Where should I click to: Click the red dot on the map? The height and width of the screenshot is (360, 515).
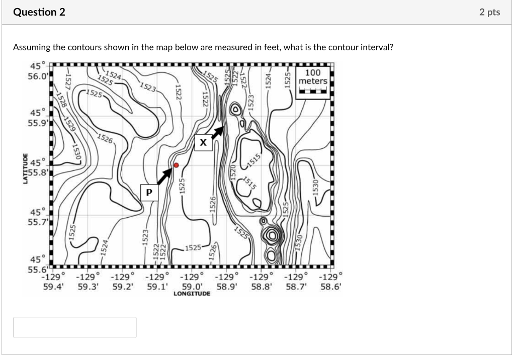click(176, 165)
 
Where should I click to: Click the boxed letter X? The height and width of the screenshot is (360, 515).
click(203, 143)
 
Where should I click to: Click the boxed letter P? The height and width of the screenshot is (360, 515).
click(149, 193)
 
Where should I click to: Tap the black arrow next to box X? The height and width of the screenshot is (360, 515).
click(216, 132)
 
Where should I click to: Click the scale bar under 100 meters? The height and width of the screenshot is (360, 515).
click(313, 92)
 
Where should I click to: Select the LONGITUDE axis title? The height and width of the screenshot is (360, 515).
click(192, 293)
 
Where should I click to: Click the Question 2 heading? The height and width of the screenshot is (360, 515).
click(39, 13)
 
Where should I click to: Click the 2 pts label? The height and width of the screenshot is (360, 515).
click(489, 13)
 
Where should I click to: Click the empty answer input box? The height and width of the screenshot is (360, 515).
click(74, 327)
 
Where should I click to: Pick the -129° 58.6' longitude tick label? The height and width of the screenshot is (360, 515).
click(330, 281)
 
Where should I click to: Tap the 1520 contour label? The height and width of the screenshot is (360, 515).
click(233, 172)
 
